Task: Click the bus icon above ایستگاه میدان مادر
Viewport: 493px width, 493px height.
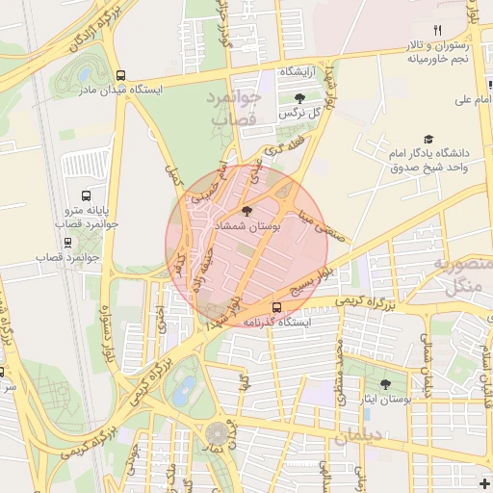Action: click(120, 75)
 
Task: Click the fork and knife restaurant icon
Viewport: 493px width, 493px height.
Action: click(437, 30)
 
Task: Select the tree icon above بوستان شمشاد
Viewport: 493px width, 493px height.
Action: click(246, 211)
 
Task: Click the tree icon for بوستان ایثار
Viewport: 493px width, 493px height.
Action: click(385, 384)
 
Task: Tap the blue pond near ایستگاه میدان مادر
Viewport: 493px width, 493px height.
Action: click(88, 75)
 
